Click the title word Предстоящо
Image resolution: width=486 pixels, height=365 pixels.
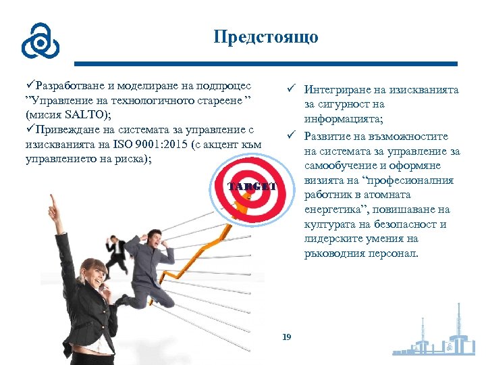pyautogui.click(x=265, y=36)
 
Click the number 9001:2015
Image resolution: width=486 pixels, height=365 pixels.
pyautogui.click(x=161, y=144)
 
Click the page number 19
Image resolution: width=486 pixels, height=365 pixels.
pyautogui.click(x=286, y=336)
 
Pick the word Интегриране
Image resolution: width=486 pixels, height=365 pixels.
pyautogui.click(x=339, y=90)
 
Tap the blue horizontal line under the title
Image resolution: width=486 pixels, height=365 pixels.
pyautogui.click(x=265, y=64)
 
